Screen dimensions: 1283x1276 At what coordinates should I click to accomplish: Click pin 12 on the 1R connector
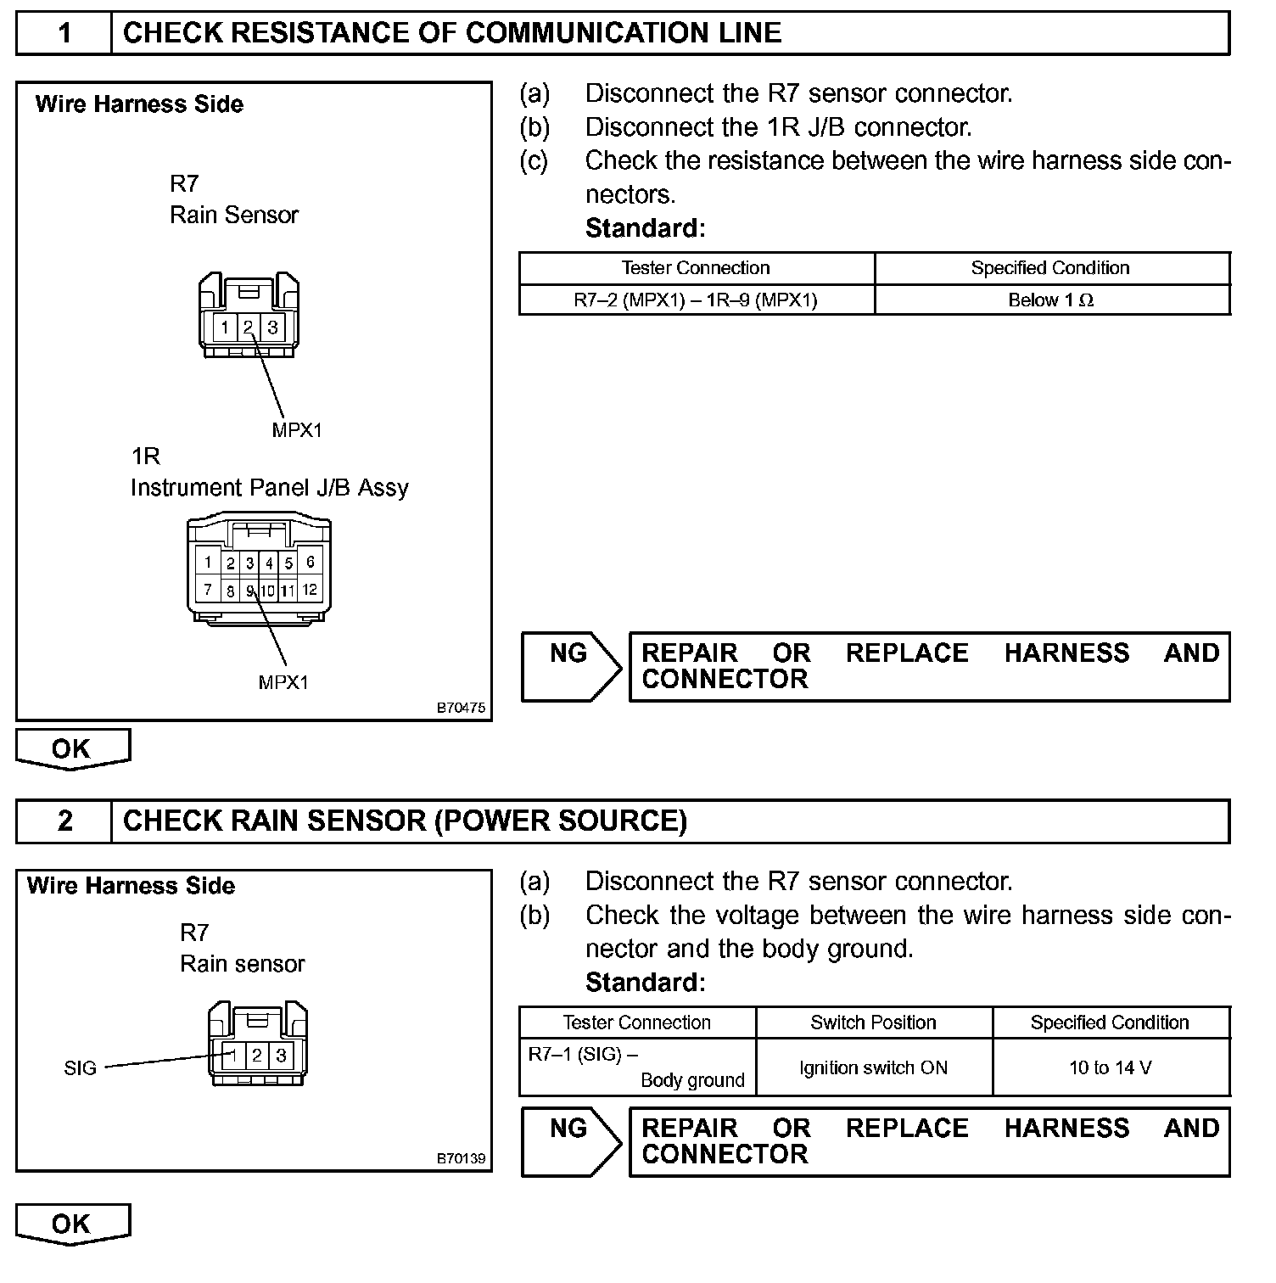coord(310,589)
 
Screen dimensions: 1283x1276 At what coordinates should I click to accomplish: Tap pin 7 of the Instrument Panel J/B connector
coord(207,589)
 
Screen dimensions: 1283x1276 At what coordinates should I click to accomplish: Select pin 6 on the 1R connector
coord(310,562)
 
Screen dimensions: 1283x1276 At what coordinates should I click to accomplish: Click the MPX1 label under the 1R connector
coord(283,682)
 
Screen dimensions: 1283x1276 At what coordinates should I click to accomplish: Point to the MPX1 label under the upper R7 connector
coord(297,430)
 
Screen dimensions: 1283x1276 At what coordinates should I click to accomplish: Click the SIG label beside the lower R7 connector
coord(81,1068)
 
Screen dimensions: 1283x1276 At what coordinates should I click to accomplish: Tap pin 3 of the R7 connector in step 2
coord(281,1056)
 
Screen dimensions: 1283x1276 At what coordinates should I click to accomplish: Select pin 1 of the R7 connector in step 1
coord(224,328)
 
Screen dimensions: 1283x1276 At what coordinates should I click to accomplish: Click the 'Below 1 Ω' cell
coord(1051,300)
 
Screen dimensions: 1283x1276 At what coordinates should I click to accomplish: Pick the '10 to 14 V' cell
coord(1111,1067)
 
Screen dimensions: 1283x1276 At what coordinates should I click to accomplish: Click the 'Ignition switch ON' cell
coord(873,1067)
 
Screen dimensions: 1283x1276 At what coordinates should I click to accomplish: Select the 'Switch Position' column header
coord(873,1022)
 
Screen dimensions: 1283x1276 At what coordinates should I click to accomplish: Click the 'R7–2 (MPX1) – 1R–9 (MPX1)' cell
coord(696,300)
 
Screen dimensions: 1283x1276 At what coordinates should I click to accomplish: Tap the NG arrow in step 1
coord(571,666)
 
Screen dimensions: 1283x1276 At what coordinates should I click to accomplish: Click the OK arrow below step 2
coord(72,1224)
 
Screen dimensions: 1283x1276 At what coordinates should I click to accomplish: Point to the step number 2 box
coord(64,821)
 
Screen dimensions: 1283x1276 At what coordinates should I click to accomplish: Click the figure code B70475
coord(462,708)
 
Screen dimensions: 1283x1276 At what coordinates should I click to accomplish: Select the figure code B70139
coord(462,1158)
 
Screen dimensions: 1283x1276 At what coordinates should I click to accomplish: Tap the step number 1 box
coord(64,33)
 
